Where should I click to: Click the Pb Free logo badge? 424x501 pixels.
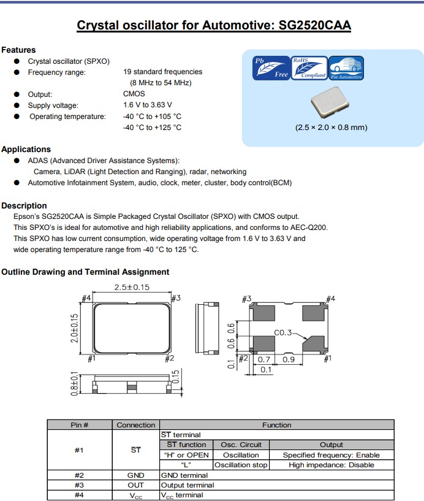pyautogui.click(x=271, y=68)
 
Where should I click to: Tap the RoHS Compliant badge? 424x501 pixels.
pyautogui.click(x=309, y=68)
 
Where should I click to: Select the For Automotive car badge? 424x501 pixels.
pyautogui.click(x=346, y=68)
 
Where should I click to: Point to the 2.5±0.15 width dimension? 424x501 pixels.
pyautogui.click(x=132, y=287)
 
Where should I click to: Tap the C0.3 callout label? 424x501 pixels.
pyautogui.click(x=283, y=333)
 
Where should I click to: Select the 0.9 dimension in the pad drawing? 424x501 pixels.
pyautogui.click(x=289, y=359)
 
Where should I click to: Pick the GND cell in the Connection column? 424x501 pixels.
pyautogui.click(x=135, y=475)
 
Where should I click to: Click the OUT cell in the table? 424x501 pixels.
pyautogui.click(x=135, y=485)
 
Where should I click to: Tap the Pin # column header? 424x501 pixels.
pyautogui.click(x=80, y=425)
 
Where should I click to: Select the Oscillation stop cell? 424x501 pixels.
pyautogui.click(x=241, y=465)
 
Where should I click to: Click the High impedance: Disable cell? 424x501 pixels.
pyautogui.click(x=331, y=465)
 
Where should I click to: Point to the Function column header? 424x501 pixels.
pyautogui.click(x=276, y=425)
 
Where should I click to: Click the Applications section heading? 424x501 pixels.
pyautogui.click(x=26, y=149)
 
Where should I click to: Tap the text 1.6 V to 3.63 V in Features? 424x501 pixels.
pyautogui.click(x=148, y=105)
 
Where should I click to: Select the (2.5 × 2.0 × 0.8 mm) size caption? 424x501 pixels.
pyautogui.click(x=331, y=128)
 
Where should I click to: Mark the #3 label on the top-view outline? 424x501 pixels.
pyautogui.click(x=176, y=298)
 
